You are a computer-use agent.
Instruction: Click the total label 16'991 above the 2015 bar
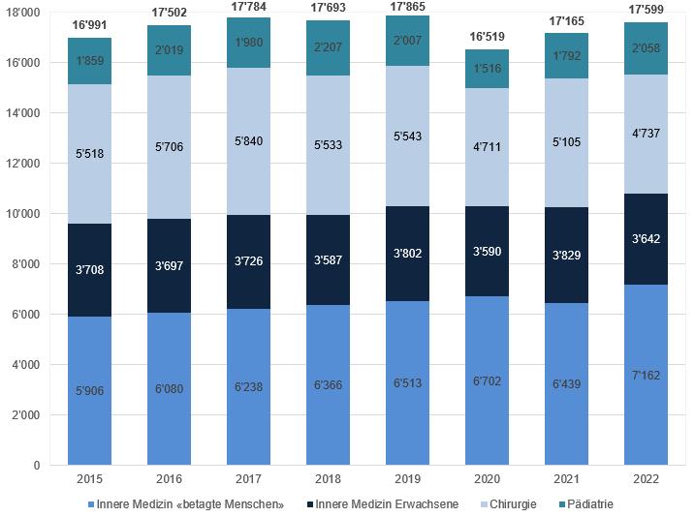pos(89,23)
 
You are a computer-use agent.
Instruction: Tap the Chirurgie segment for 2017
pos(248,141)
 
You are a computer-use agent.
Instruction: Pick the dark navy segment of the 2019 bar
pos(408,253)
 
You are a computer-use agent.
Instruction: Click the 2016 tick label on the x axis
pos(169,479)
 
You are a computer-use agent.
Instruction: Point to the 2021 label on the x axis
pos(566,479)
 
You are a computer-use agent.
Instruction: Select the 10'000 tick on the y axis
pos(25,214)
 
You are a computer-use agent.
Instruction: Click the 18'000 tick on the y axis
pos(25,13)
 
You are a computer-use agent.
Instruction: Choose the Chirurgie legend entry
pos(512,503)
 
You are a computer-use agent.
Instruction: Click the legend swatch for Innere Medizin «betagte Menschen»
pos(90,504)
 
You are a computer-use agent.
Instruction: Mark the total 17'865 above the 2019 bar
pos(408,7)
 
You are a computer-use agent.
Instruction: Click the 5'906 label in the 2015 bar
pos(89,391)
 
